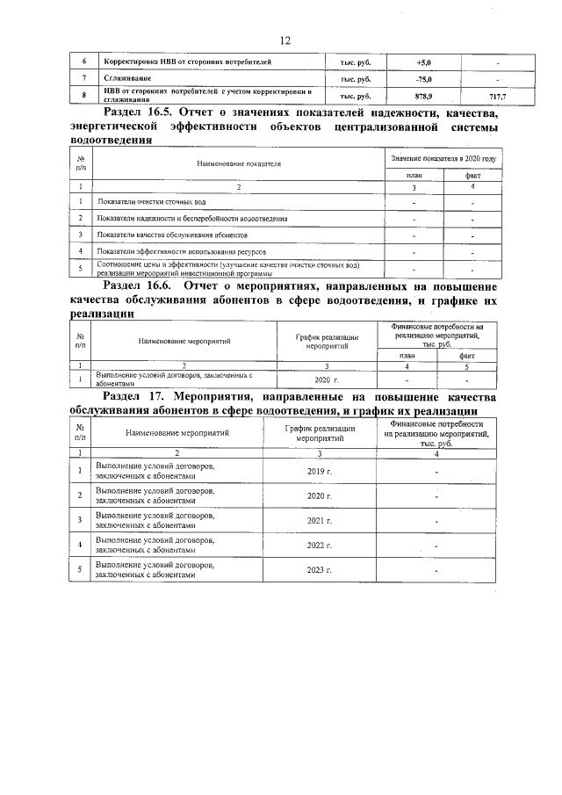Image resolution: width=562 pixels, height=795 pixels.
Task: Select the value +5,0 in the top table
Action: click(423, 62)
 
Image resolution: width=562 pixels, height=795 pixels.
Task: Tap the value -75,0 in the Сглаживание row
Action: click(423, 79)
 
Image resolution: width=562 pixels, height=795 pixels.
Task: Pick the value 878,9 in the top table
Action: click(423, 96)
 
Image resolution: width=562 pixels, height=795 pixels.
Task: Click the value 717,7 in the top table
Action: click(498, 96)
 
